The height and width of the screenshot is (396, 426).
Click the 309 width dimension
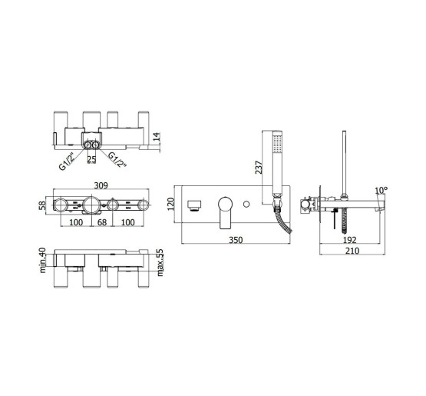(x=101, y=185)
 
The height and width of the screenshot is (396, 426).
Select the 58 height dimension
(x=42, y=205)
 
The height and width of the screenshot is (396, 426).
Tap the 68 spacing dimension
(x=102, y=222)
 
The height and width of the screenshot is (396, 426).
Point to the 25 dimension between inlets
(x=91, y=159)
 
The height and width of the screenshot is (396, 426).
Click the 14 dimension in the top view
(x=157, y=137)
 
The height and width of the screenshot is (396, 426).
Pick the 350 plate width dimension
(x=236, y=240)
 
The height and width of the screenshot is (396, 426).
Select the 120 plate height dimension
(x=170, y=204)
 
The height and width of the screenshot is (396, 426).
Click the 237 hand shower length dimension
(x=259, y=168)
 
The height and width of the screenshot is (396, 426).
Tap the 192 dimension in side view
(x=349, y=240)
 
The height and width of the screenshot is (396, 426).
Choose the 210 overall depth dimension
(x=352, y=251)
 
